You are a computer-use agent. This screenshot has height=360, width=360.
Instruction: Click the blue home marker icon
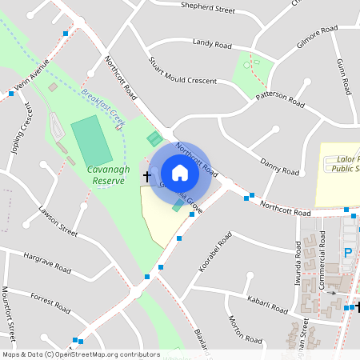point(179,173)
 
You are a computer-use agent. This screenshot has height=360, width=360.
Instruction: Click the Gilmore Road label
point(318,38)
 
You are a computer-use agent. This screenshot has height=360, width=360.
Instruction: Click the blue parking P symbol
point(347,253)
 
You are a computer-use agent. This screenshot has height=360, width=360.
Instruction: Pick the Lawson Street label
point(58,222)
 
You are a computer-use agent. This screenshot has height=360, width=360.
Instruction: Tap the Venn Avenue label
point(35,74)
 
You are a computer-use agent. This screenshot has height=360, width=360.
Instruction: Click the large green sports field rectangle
point(91,141)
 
